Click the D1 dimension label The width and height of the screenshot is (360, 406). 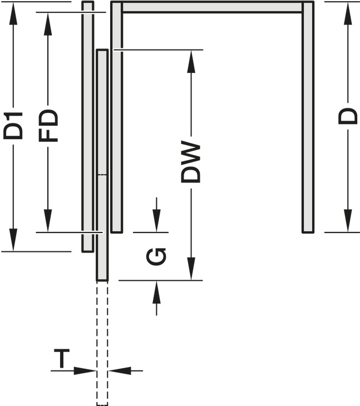pos(13,126)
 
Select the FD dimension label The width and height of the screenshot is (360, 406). pos(48,126)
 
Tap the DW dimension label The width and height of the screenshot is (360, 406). pos(191,162)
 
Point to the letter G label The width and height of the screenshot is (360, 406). pos(156,256)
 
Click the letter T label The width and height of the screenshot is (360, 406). pos(62,358)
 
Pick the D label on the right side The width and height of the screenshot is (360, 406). pos(348,117)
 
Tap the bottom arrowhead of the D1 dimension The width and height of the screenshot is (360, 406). pos(13,240)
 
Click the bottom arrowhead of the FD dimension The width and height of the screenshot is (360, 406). pos(48,221)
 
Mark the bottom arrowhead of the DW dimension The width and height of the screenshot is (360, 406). pos(191,269)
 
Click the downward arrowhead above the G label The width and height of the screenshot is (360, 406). pos(156,221)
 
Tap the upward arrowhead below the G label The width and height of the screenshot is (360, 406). pos(156,292)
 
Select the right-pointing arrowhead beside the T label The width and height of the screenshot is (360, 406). pos(85,370)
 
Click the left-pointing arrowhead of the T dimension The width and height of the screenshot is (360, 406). pos(120,370)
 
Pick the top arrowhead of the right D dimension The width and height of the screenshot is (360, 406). pos(348,13)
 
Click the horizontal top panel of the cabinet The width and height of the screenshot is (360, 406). pos(213,7)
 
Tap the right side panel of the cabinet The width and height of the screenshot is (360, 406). pos(308,117)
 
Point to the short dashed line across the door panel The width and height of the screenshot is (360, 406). pos(102,175)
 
